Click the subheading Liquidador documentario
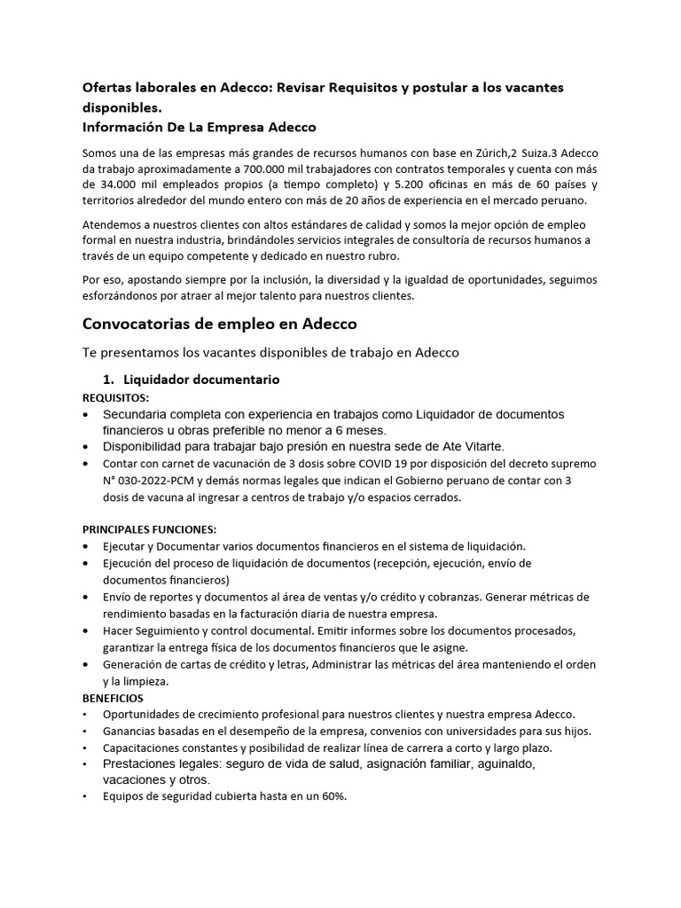coord(202,380)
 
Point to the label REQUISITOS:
coord(116,396)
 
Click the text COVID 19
coord(372,465)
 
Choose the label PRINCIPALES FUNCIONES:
coord(149,529)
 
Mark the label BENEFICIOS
coord(113,698)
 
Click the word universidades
coord(483,731)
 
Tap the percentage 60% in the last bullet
coord(333,795)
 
